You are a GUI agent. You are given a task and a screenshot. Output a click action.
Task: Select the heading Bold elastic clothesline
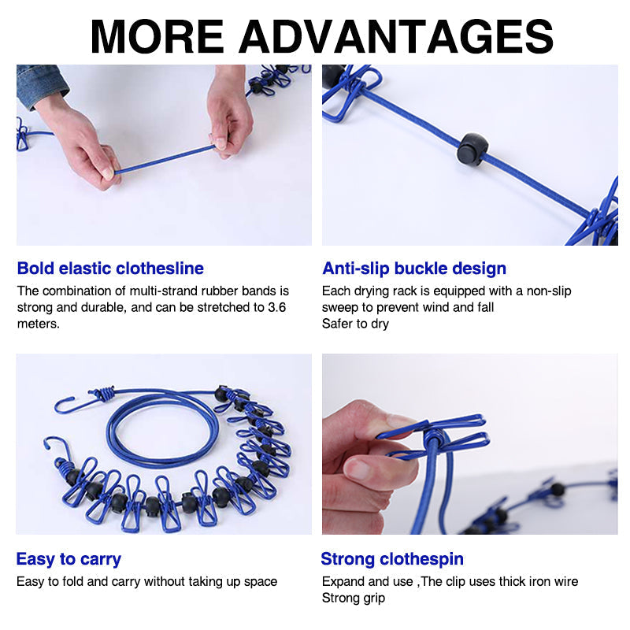pyautogui.click(x=110, y=269)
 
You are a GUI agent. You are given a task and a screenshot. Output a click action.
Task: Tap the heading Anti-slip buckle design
pyautogui.click(x=414, y=269)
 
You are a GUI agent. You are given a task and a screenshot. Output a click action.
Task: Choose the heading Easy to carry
pyautogui.click(x=69, y=560)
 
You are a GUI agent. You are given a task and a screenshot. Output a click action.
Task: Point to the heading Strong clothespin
pyautogui.click(x=392, y=560)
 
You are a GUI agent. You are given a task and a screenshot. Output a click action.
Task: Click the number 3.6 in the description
pyautogui.click(x=276, y=307)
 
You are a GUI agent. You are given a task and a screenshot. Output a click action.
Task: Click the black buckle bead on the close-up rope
pyautogui.click(x=472, y=148)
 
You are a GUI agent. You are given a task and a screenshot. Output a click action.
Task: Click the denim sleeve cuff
pyautogui.click(x=41, y=83)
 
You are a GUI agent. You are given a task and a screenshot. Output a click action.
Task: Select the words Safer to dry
pyautogui.click(x=355, y=324)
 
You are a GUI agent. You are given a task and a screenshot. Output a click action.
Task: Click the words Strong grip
pyautogui.click(x=354, y=598)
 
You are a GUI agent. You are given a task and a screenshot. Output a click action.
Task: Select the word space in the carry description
pyautogui.click(x=261, y=582)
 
